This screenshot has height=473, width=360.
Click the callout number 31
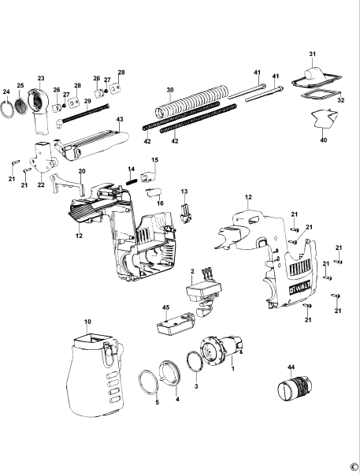tap(311, 54)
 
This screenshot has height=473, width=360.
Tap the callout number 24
tap(6, 92)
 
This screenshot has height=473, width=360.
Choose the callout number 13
tap(184, 192)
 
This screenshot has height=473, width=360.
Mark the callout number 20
tap(81, 171)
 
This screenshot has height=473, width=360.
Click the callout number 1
tap(234, 368)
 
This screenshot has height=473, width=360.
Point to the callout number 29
tap(87, 101)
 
